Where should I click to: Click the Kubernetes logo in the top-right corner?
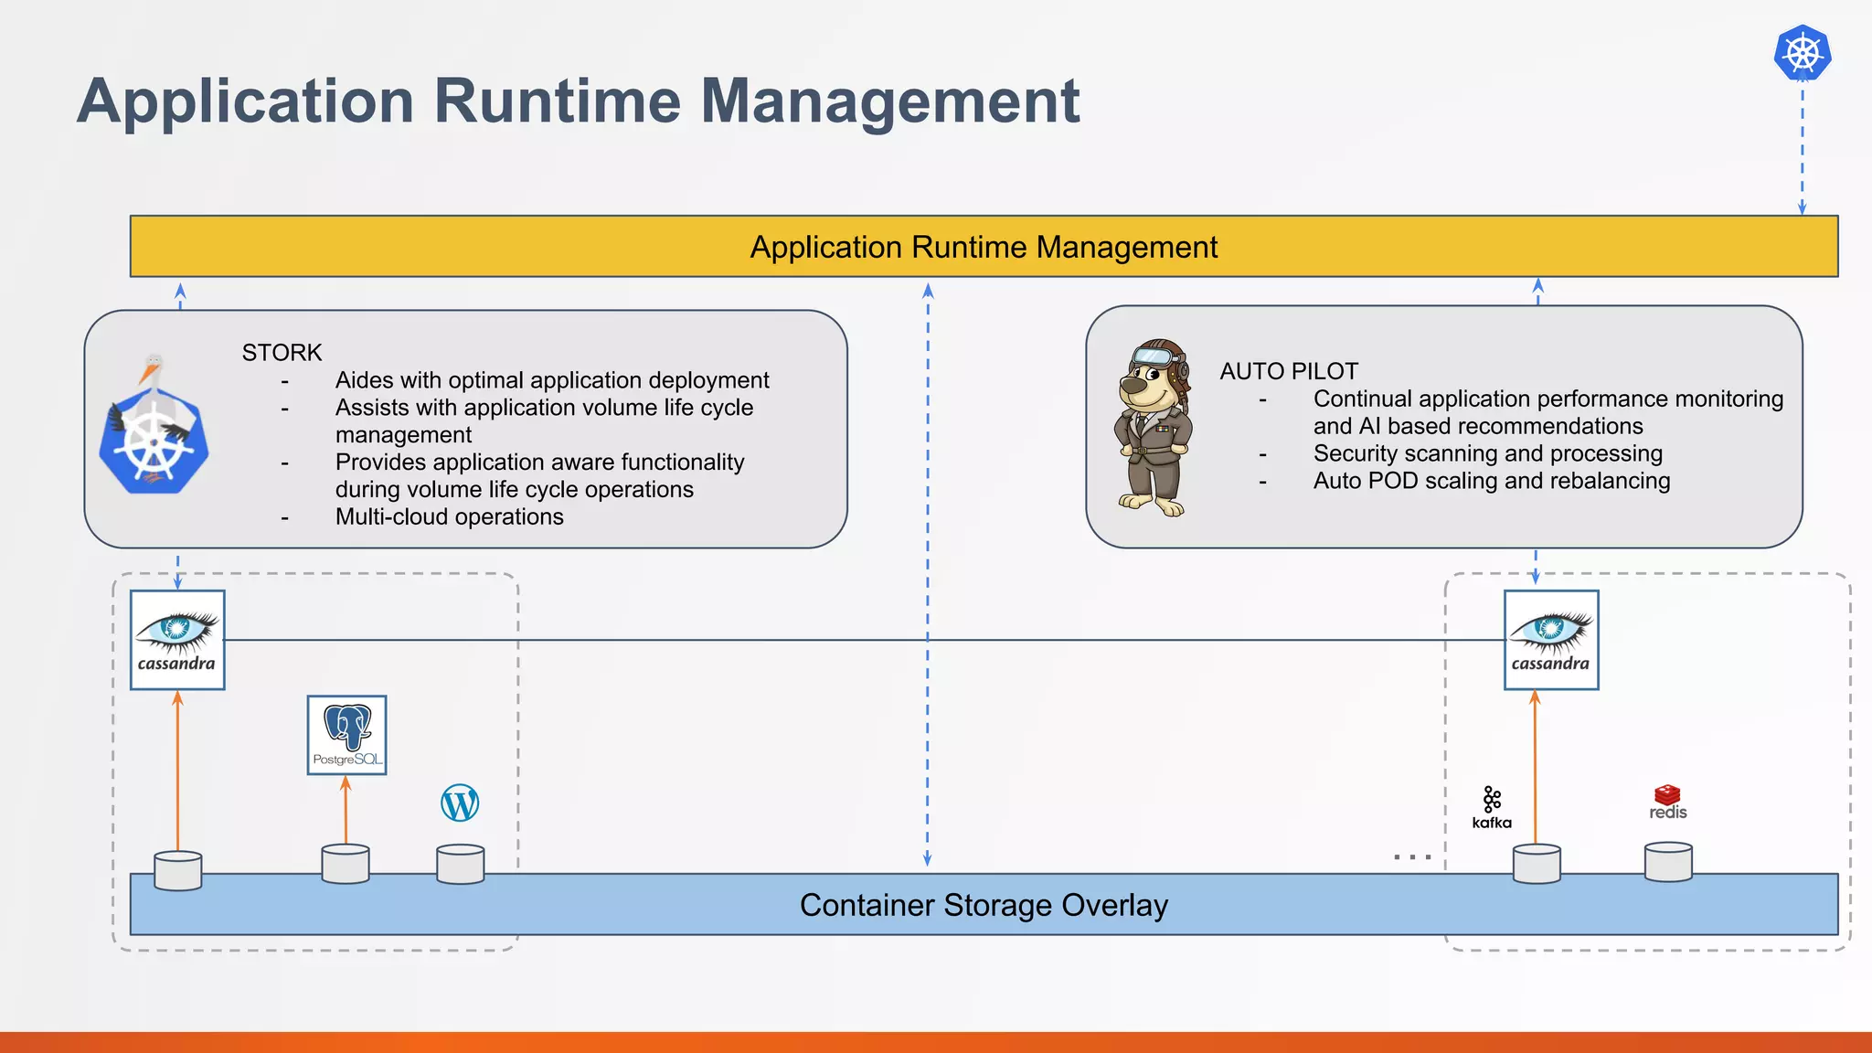[1802, 52]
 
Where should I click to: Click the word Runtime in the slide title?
[557, 101]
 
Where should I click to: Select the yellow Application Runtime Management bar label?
[984, 247]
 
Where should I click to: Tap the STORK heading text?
[282, 353]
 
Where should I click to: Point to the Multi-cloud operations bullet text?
[449, 517]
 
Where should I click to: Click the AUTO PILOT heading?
[1289, 371]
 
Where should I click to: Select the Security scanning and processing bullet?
[1487, 453]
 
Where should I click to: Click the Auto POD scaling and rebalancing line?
[1491, 481]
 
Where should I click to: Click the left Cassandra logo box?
[177, 640]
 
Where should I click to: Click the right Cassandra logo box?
[1551, 640]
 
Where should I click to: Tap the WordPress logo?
[460, 803]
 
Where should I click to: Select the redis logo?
[1667, 802]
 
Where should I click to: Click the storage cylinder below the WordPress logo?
[461, 864]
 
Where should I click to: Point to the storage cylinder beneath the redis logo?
[1668, 862]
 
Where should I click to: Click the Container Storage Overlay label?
[984, 905]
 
